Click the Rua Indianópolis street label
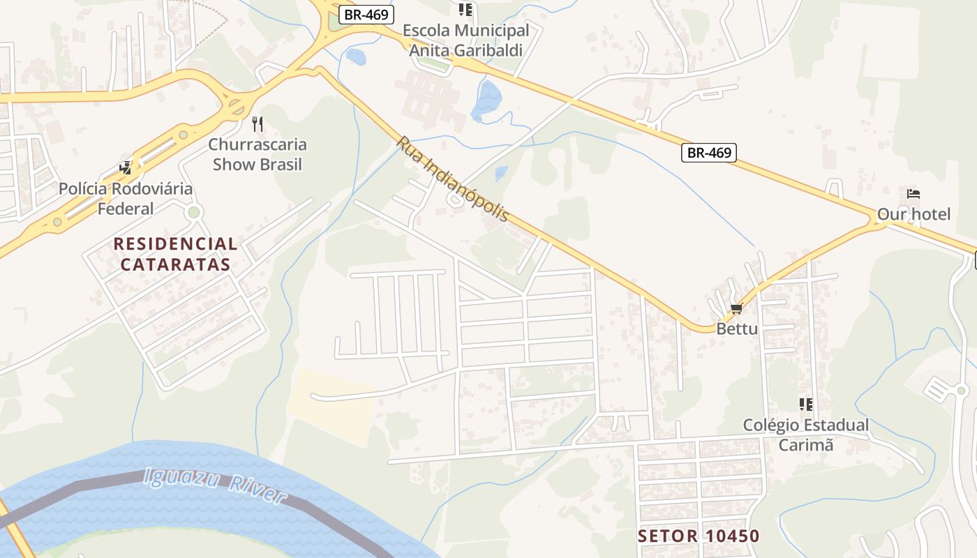pos(452,179)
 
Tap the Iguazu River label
pos(214,486)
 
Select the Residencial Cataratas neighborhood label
pos(175,254)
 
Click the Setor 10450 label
pos(699,536)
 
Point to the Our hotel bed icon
pos(913,194)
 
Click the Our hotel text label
pos(913,214)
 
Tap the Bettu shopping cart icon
pos(736,309)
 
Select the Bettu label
pos(737,329)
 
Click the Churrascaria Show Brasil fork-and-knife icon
pos(258,124)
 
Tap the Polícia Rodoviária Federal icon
pos(126,167)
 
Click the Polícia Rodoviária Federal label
pos(126,199)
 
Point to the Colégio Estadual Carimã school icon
pos(806,405)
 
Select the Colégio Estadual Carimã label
pos(806,435)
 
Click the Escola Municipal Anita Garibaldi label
pos(465,40)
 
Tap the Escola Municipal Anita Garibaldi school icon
pos(465,10)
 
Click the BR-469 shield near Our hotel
pos(709,153)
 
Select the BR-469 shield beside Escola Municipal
pos(367,15)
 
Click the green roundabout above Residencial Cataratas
pos(194,212)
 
